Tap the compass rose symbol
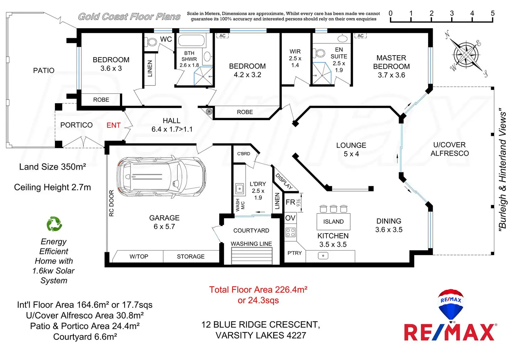(466, 54)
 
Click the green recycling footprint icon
(54, 224)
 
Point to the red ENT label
(113, 125)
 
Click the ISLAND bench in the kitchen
(333, 222)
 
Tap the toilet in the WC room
(152, 42)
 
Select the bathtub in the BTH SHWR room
(191, 41)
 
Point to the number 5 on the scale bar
(493, 13)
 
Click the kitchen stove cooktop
(290, 232)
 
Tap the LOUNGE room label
(351, 145)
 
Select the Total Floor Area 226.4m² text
(258, 290)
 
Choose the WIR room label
(295, 51)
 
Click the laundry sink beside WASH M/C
(239, 189)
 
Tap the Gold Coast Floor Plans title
(129, 17)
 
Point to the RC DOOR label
(111, 203)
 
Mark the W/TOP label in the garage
(139, 256)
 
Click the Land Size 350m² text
(53, 167)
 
